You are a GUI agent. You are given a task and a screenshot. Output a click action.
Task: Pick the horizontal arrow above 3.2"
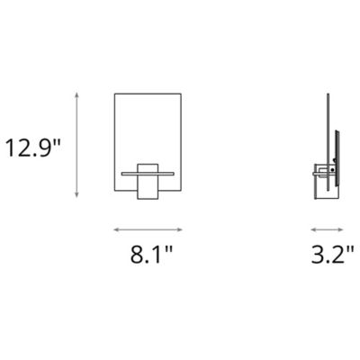(x=323, y=228)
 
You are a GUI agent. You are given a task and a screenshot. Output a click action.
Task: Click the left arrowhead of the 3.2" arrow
(x=311, y=228)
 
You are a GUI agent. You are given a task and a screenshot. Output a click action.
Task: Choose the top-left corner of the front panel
(x=114, y=91)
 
